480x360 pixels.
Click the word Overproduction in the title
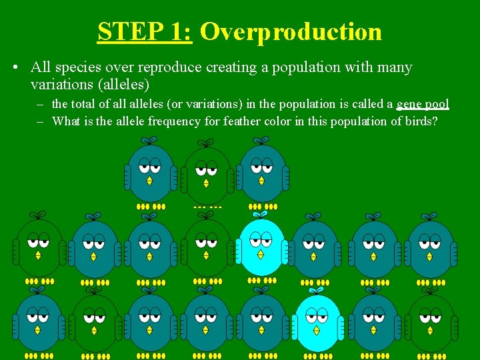click(x=291, y=31)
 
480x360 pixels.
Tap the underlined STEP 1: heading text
click(x=145, y=31)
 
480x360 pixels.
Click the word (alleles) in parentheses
click(x=123, y=85)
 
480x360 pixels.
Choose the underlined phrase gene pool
click(x=423, y=104)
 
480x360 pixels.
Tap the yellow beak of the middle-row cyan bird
click(x=261, y=254)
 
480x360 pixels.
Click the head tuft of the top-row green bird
click(x=207, y=143)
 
